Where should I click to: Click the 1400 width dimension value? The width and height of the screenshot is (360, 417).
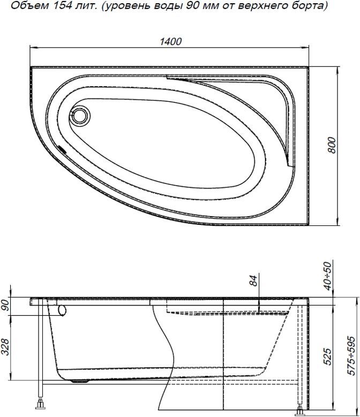pos(170,42)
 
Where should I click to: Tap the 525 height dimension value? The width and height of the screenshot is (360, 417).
pos(327,357)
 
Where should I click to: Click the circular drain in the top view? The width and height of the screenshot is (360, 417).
pos(81,115)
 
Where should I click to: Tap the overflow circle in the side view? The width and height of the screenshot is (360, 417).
pos(62,310)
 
